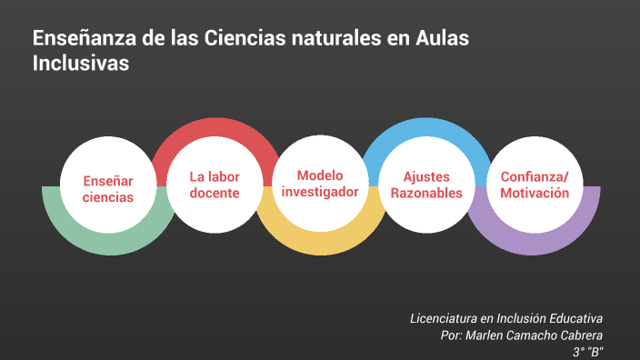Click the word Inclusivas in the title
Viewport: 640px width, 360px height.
pyautogui.click(x=81, y=65)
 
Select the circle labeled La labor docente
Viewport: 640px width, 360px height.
pyautogui.click(x=215, y=185)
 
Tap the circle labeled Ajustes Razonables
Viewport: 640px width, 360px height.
pyautogui.click(x=426, y=185)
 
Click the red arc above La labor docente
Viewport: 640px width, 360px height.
pyautogui.click(x=215, y=130)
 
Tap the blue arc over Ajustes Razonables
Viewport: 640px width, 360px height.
pyautogui.click(x=426, y=130)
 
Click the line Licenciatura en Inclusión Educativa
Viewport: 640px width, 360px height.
pyautogui.click(x=506, y=318)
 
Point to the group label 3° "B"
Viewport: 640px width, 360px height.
pyautogui.click(x=588, y=352)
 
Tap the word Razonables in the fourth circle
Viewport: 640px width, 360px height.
pyautogui.click(x=426, y=193)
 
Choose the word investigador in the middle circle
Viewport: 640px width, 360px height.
pyautogui.click(x=320, y=191)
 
